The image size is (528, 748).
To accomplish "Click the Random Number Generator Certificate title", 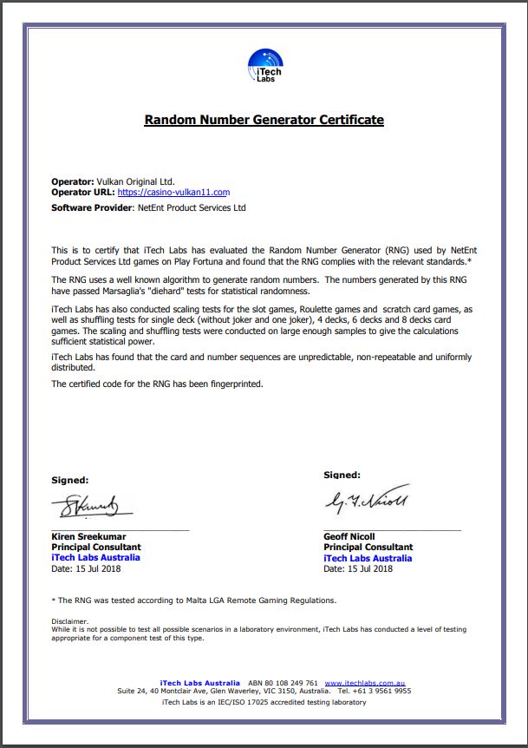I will [x=264, y=120].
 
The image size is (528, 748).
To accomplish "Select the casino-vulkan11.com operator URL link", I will [x=173, y=193].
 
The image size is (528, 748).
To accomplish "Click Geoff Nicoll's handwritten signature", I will [x=367, y=501].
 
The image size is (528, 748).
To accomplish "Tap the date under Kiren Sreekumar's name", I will [x=86, y=568].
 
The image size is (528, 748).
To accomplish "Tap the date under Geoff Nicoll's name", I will [x=358, y=568].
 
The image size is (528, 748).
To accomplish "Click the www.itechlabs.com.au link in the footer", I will [x=365, y=683].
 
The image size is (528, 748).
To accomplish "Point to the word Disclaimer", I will [x=70, y=621].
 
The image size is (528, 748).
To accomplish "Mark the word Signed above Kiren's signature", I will [x=70, y=480].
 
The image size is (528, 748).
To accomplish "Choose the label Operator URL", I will [x=82, y=193].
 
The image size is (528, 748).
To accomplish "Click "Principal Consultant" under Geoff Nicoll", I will [x=368, y=548].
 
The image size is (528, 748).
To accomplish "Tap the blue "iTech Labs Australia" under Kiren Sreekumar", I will [x=96, y=558].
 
